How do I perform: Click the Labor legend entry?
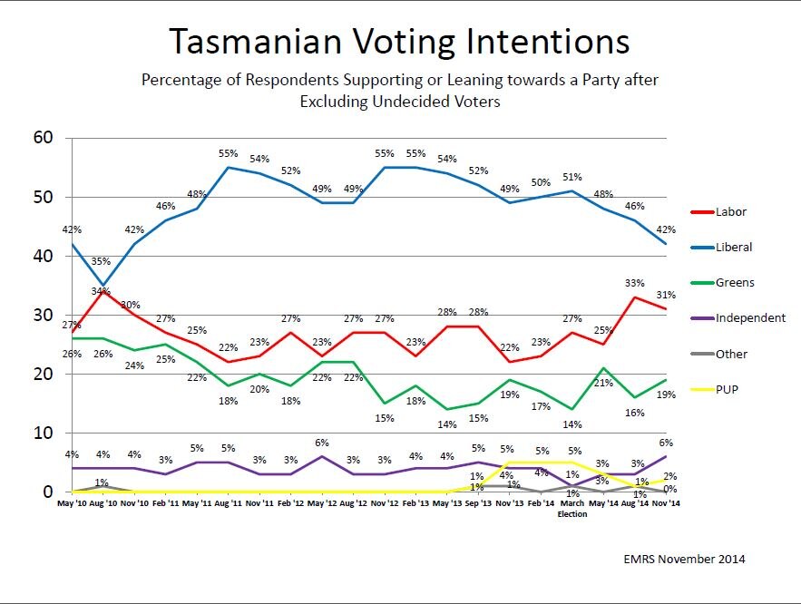click(729, 212)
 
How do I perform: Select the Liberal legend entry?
click(732, 247)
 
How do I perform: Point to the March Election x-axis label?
click(572, 506)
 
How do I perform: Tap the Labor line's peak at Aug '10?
click(103, 292)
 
